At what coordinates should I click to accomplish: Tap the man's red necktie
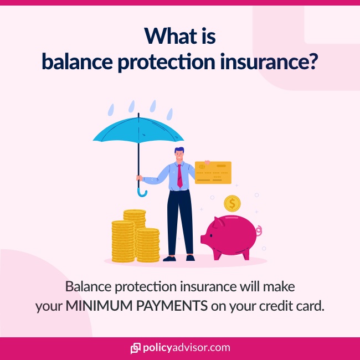click(179, 174)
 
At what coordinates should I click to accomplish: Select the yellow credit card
click(213, 172)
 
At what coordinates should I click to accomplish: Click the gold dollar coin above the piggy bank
click(233, 203)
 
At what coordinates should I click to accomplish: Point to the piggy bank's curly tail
click(259, 230)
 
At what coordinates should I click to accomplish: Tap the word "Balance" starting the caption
click(88, 287)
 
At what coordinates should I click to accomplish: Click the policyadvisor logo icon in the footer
click(135, 348)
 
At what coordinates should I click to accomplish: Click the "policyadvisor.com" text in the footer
click(186, 348)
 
